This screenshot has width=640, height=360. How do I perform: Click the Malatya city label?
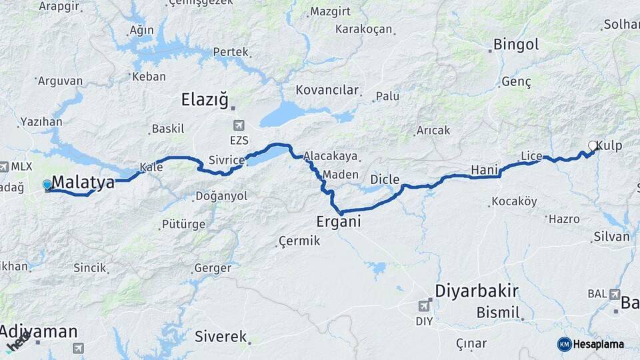pos(83,182)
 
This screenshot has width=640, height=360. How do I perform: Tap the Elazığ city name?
pos(205,100)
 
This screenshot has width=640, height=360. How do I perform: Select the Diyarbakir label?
pos(476,291)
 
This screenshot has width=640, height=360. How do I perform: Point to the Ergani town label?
pos(339,221)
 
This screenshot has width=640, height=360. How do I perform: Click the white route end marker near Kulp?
pos(592,146)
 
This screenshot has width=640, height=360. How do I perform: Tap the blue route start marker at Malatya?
pos(47,185)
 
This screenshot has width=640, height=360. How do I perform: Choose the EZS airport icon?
pos(239,125)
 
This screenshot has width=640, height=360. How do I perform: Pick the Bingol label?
pos(515,45)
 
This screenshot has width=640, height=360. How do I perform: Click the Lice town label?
pos(531,156)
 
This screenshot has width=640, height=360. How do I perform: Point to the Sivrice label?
pos(227,160)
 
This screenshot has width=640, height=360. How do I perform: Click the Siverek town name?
pos(221,337)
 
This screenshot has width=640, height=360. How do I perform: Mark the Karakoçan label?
pos(363,29)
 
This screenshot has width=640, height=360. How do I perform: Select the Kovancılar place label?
pos(327,90)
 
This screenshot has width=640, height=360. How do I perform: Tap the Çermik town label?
pos(299,241)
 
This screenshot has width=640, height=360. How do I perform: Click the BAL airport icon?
pos(614,294)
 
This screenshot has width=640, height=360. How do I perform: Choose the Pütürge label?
pos(183,224)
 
